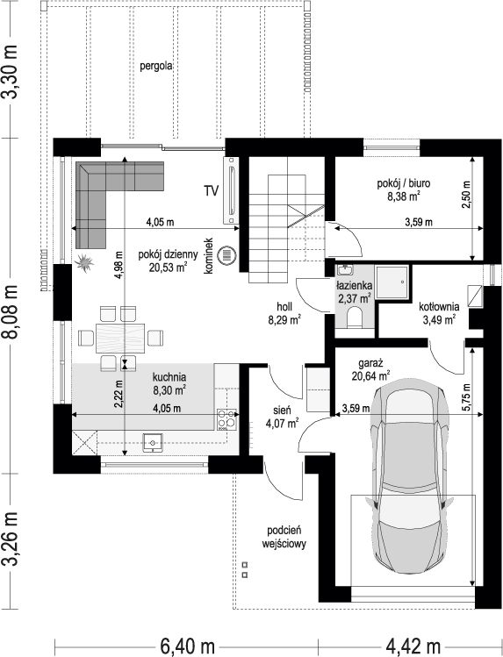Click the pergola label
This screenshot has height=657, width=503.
156,66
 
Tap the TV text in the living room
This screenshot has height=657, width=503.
212,191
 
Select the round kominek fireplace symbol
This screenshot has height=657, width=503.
226,254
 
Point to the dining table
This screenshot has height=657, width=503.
120,338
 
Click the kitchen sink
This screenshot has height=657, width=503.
153,442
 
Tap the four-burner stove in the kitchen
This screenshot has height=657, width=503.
226,419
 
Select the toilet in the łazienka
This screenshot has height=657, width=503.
356,317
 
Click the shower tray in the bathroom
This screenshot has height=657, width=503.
392,282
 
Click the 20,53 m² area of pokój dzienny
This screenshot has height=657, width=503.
168,268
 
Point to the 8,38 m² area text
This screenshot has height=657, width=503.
403,196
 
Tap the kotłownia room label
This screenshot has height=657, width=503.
439,307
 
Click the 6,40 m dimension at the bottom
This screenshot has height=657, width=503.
187,646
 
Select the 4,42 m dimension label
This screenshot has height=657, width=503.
413,646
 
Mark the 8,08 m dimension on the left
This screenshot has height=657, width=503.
11,311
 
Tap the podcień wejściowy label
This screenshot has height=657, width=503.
284,537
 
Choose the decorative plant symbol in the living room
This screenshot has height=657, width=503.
84,263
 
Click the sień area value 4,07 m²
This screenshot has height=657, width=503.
282,423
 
